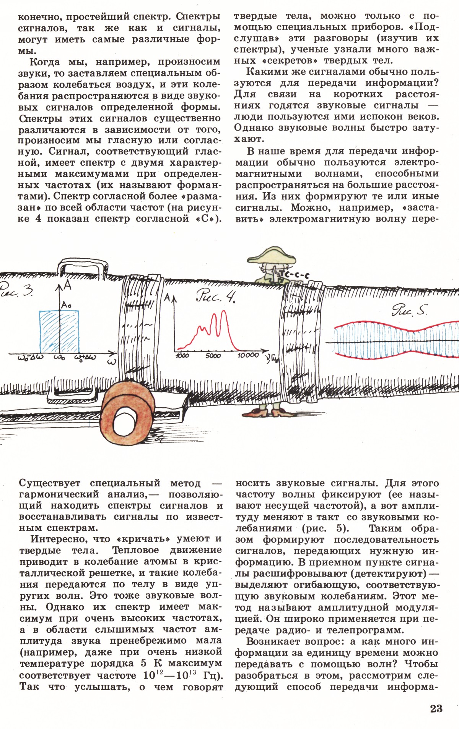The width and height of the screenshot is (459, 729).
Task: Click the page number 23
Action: tap(436, 709)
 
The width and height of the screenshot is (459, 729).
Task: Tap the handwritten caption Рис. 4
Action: tap(215, 296)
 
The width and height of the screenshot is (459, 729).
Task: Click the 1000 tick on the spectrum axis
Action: tap(182, 356)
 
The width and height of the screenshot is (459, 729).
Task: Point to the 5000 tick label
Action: tap(213, 356)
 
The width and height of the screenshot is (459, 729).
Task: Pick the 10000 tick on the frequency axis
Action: tap(248, 355)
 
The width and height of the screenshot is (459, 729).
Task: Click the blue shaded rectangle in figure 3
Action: tap(59, 332)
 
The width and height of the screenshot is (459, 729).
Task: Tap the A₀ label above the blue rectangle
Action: tap(66, 305)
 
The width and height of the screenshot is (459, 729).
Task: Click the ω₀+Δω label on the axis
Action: tap(85, 358)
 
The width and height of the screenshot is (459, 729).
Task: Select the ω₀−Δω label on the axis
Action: tap(31, 358)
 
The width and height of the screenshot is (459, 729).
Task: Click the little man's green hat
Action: tap(272, 255)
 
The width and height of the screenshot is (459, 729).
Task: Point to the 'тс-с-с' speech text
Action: tap(293, 275)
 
